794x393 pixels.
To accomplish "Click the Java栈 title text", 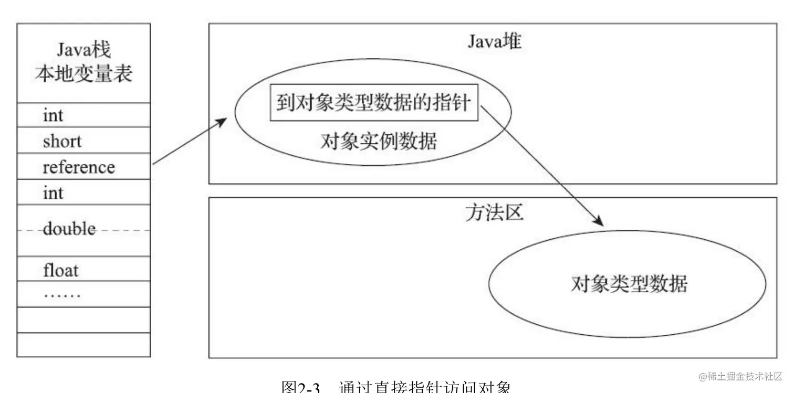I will (x=83, y=50).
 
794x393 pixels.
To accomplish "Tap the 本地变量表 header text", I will (x=83, y=74).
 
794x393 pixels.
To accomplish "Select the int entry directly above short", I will (x=53, y=115).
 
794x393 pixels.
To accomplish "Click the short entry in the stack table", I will (x=62, y=141).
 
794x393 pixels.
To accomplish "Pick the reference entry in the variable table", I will (x=78, y=167).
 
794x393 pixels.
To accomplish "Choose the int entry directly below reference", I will (x=53, y=193).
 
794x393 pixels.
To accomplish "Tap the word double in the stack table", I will (x=69, y=229).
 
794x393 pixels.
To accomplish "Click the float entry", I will (x=60, y=271).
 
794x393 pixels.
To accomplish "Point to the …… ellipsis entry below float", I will (x=62, y=295).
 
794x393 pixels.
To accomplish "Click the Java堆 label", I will (x=494, y=41).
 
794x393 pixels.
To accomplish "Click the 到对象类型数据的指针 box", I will (x=374, y=102).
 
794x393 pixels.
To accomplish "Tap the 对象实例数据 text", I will (x=378, y=141).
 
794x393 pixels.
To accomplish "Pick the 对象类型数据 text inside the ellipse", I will (x=629, y=284).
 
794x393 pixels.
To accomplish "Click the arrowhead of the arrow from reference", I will (x=223, y=121).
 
